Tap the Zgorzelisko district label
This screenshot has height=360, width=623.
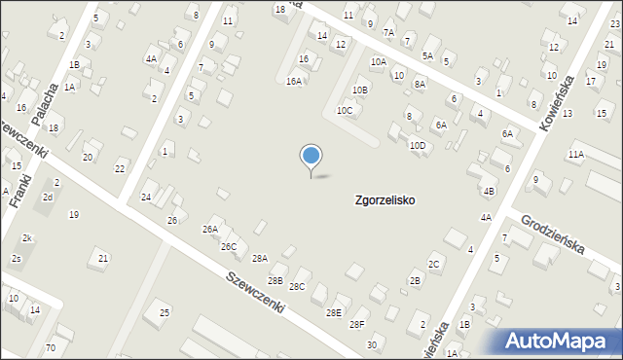[x=384, y=199]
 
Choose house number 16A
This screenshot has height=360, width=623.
[x=294, y=82]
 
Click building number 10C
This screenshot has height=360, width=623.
[x=345, y=111]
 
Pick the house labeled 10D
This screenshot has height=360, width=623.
[x=417, y=146]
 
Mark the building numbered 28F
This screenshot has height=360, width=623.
[x=357, y=325]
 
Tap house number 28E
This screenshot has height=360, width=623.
[x=334, y=312]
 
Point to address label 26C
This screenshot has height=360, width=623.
[x=228, y=247]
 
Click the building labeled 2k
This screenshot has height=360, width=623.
[x=28, y=238]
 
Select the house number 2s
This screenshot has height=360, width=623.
[x=17, y=258]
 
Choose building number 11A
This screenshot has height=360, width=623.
[x=576, y=154]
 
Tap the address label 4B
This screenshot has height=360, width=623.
[x=489, y=191]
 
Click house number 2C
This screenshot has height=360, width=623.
[x=434, y=264]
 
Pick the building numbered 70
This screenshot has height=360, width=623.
[x=51, y=347]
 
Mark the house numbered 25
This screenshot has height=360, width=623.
[x=165, y=312]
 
